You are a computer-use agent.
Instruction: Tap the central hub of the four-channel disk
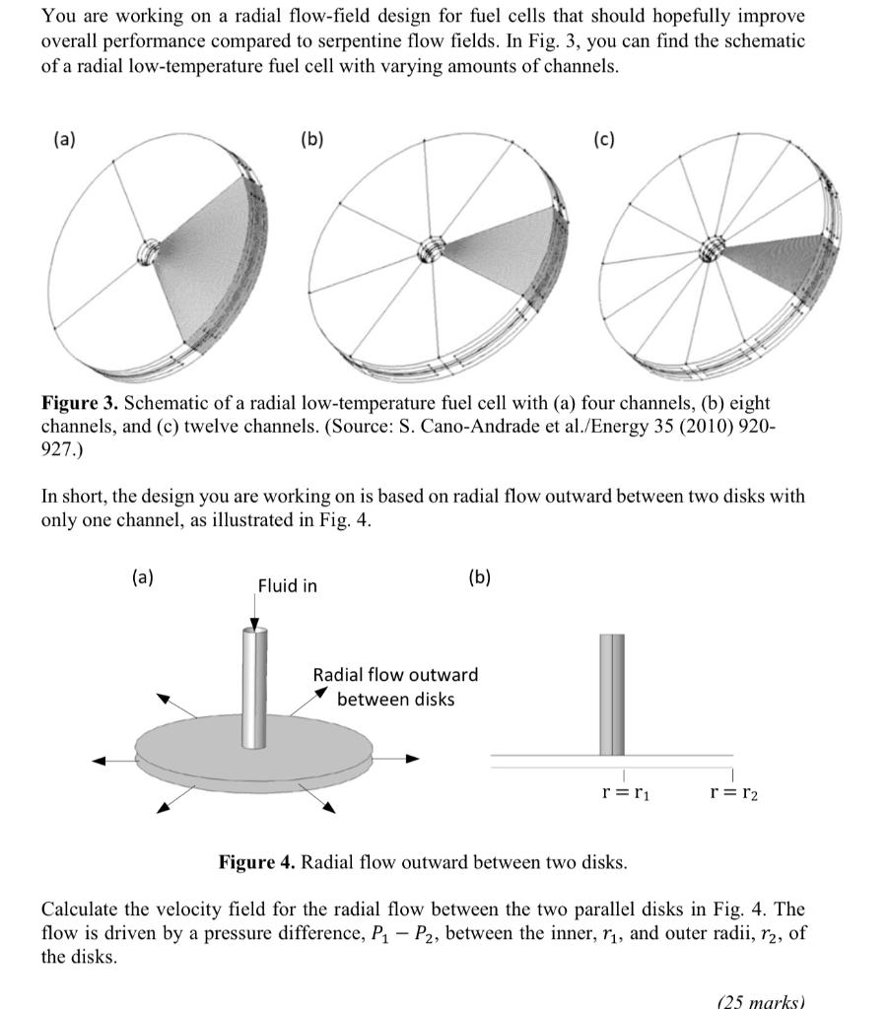click(149, 253)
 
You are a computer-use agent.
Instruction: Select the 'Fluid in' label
click(287, 586)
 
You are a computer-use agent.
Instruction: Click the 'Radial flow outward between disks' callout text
click(395, 687)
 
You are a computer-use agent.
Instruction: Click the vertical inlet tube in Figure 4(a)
click(254, 690)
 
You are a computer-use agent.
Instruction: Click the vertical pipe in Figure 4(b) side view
click(612, 695)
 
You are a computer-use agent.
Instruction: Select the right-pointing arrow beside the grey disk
click(402, 759)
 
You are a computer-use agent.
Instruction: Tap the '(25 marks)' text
click(760, 1001)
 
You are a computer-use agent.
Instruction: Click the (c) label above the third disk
click(604, 139)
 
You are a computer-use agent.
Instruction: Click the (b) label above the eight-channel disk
click(311, 139)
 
